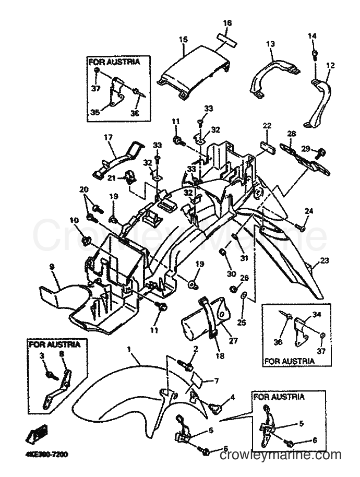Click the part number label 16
click(x=227, y=23)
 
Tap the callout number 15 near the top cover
click(x=183, y=40)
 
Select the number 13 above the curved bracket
click(x=270, y=44)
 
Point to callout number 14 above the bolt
click(x=312, y=36)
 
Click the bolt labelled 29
click(x=319, y=152)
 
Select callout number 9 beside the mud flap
click(x=52, y=267)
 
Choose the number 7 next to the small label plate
click(x=216, y=380)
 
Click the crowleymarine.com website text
click(x=280, y=455)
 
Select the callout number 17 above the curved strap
click(x=108, y=138)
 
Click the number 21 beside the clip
click(x=112, y=177)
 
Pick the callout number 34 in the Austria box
click(x=317, y=315)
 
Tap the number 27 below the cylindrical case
click(x=233, y=340)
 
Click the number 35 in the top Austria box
click(x=95, y=112)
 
